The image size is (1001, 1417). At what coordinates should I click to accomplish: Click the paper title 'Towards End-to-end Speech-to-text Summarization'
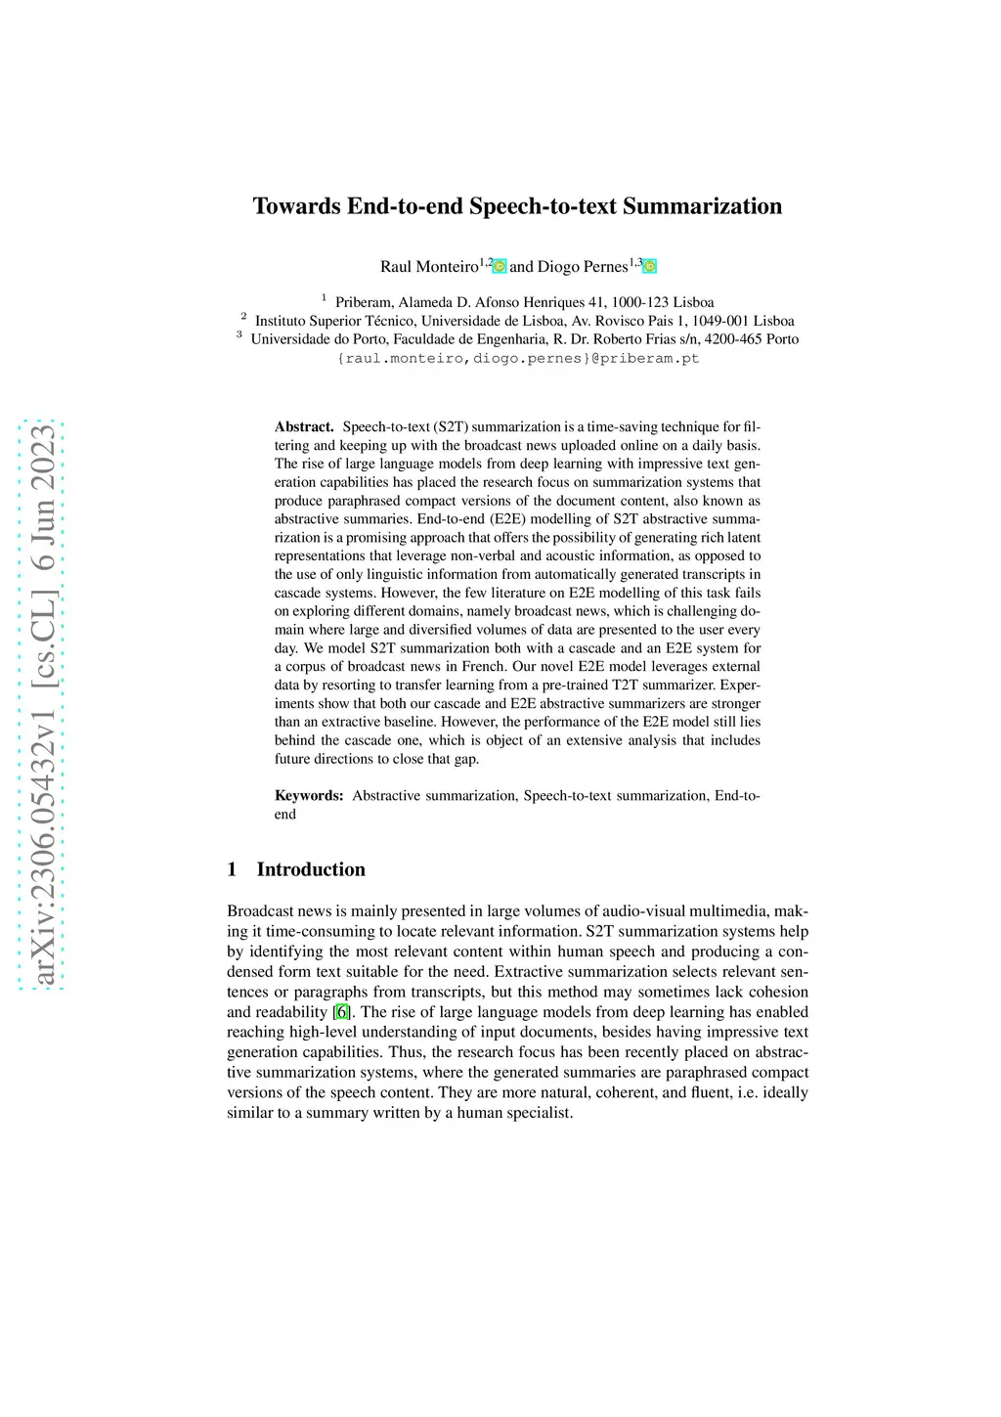pyautogui.click(x=517, y=206)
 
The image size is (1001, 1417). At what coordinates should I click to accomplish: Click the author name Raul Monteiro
pyautogui.click(x=429, y=267)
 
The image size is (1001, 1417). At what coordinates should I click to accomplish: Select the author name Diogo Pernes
pyautogui.click(x=582, y=267)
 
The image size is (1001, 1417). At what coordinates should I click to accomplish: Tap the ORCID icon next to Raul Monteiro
pyautogui.click(x=500, y=266)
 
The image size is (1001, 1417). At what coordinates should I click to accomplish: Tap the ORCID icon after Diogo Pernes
pyautogui.click(x=650, y=266)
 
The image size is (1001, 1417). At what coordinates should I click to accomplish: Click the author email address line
pyautogui.click(x=518, y=358)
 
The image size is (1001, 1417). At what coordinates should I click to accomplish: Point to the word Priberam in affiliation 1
pyautogui.click(x=366, y=302)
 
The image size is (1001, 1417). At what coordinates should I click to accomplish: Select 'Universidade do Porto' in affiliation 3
pyautogui.click(x=319, y=339)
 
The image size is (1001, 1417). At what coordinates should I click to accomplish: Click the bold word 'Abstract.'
pyautogui.click(x=304, y=427)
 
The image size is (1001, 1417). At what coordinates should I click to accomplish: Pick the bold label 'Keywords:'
pyautogui.click(x=309, y=796)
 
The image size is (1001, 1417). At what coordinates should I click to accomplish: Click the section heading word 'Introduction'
pyautogui.click(x=311, y=869)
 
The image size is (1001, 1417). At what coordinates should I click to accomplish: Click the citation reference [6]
pyautogui.click(x=341, y=1012)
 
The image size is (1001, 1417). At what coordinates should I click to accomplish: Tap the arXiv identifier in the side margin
pyautogui.click(x=42, y=704)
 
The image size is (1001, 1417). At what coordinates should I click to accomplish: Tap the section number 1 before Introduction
pyautogui.click(x=232, y=869)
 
